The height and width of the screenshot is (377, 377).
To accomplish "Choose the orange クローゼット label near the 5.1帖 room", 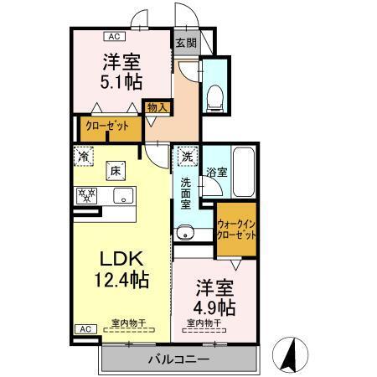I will click(106, 127).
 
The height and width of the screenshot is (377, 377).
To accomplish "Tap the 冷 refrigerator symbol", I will click(84, 155).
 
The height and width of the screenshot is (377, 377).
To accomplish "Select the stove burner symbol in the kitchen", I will click(86, 196).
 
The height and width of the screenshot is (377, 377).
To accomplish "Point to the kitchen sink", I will click(122, 198).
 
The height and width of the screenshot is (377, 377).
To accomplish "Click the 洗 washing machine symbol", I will click(186, 155).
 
